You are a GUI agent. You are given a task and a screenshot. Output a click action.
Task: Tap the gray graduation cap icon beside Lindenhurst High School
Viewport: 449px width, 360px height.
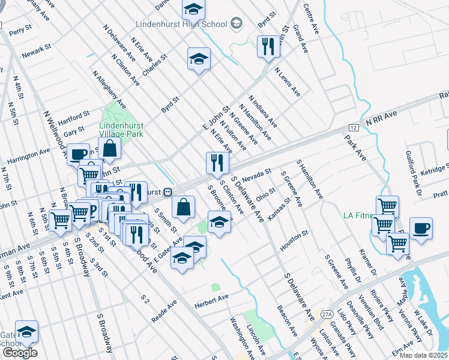pyautogui.click(x=237, y=24)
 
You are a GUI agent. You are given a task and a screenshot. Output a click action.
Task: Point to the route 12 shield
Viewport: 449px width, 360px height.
pyautogui.click(x=354, y=128)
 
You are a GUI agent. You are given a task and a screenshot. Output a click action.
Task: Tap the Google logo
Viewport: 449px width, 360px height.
pyautogui.click(x=19, y=353)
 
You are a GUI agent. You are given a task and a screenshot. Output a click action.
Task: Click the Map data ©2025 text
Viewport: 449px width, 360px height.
pyautogui.click(x=424, y=355)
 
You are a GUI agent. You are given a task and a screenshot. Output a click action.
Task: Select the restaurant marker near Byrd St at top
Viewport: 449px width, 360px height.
pyautogui.click(x=267, y=46)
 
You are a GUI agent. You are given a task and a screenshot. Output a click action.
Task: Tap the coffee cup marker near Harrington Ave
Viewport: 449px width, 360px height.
pyautogui.click(x=77, y=154)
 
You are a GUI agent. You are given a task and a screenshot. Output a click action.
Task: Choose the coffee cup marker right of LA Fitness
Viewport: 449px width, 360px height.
pyautogui.click(x=421, y=228)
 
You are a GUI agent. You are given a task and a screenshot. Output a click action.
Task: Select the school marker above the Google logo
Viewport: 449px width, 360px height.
pyautogui.click(x=26, y=331)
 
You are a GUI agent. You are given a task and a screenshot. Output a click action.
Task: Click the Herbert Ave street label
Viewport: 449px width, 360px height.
pyautogui.click(x=212, y=298)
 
